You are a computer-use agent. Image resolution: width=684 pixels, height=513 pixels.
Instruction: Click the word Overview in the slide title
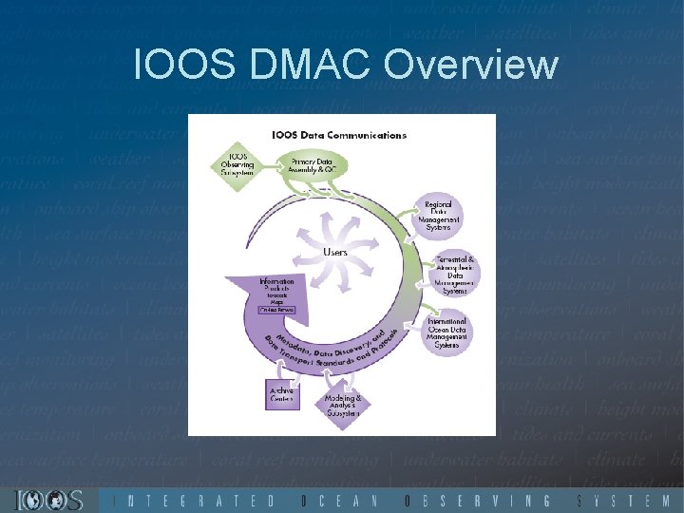(472, 66)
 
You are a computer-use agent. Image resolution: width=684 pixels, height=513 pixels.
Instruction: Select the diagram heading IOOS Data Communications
(339, 135)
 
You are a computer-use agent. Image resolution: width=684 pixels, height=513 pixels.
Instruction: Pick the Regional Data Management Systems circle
(438, 217)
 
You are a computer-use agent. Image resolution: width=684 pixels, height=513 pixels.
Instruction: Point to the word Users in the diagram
(335, 252)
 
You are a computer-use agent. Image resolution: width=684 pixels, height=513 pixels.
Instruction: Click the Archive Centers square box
(282, 394)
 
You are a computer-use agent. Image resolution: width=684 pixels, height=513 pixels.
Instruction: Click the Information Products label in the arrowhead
(277, 285)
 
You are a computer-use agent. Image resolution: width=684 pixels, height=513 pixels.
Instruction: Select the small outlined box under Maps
(277, 310)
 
